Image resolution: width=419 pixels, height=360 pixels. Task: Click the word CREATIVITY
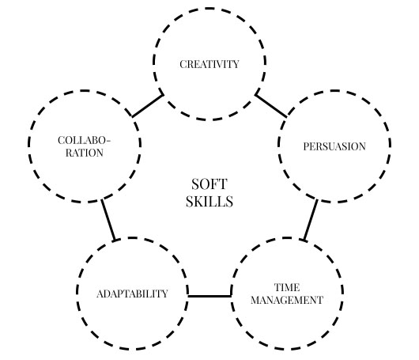209,64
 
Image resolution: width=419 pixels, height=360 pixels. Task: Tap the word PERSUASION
334,146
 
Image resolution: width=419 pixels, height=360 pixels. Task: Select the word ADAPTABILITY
132,294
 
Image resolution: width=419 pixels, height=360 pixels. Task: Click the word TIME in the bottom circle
287,287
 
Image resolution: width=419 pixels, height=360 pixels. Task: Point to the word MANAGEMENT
287,300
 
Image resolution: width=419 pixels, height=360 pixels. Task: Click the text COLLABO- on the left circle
84,140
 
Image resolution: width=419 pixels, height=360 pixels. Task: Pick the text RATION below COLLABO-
85,153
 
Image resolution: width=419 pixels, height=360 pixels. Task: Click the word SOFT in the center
209,184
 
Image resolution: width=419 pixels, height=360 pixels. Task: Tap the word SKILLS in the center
209,202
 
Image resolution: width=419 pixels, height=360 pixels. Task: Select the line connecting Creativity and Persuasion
271,106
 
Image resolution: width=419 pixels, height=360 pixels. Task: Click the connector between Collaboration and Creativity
148,106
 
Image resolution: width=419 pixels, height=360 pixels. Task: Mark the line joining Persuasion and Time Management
310,220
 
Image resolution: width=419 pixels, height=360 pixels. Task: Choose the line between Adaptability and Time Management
209,296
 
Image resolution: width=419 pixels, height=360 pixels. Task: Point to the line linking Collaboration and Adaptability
108,220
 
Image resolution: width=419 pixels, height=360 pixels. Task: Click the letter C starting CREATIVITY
183,64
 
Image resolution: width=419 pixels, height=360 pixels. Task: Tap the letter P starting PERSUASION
306,146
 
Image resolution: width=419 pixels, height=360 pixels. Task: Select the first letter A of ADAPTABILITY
100,294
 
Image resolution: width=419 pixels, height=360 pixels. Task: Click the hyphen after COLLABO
108,141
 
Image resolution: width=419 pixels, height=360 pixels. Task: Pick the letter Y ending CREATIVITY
236,64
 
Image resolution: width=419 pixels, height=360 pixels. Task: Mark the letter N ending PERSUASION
362,146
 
